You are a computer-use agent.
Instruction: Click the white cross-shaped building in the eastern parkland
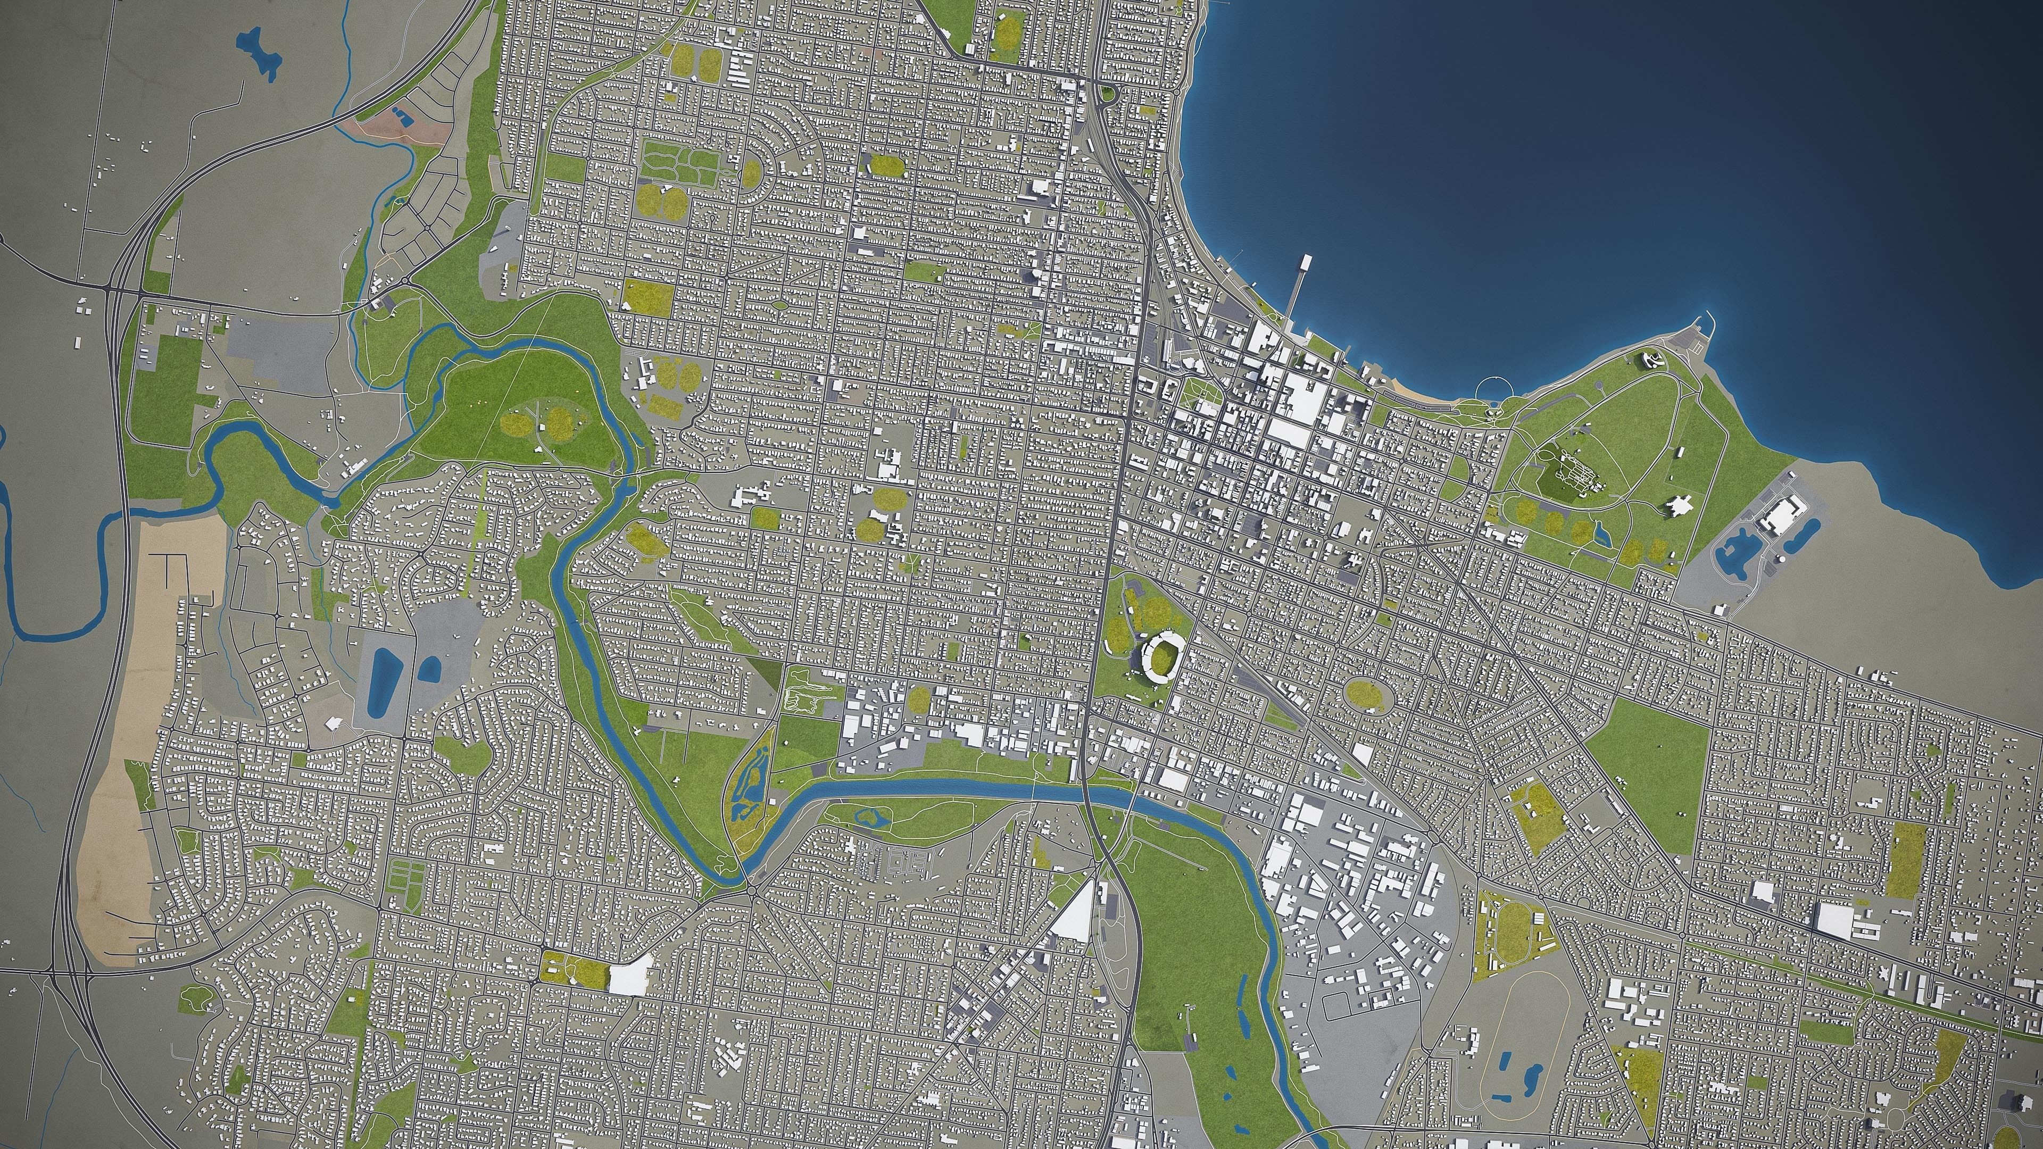click(1679, 504)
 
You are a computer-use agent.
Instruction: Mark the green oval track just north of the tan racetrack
click(1512, 925)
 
